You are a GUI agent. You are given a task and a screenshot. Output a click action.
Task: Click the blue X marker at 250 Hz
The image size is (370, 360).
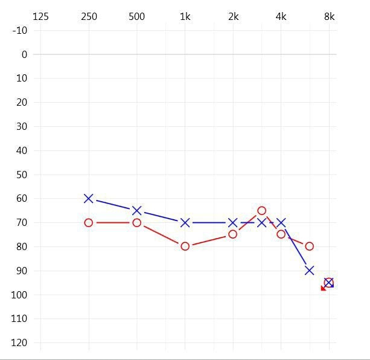click(x=89, y=198)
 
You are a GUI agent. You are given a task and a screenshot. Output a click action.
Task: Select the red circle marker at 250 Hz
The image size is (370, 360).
click(x=89, y=223)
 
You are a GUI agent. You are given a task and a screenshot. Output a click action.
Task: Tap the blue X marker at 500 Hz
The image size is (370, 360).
click(x=137, y=211)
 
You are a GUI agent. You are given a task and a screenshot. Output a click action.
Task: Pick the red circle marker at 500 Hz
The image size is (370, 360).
click(x=137, y=223)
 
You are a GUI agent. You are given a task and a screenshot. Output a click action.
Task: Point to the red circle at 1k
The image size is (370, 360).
click(x=185, y=246)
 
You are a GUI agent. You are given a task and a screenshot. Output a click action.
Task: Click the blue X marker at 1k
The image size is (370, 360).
click(x=185, y=223)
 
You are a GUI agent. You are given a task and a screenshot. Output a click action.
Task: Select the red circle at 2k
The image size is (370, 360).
click(x=233, y=234)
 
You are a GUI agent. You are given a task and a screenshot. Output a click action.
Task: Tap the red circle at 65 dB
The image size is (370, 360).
click(x=261, y=211)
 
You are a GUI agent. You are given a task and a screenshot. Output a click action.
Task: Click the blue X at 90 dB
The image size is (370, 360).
click(x=309, y=271)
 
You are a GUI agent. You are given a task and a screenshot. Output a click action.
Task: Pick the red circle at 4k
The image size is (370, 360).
click(x=281, y=234)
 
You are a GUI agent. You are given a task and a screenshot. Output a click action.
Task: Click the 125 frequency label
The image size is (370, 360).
click(x=40, y=16)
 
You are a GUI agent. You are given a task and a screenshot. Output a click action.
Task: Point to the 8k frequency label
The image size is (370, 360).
click(x=329, y=16)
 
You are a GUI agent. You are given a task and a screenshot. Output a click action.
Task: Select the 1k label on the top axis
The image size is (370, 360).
click(x=185, y=16)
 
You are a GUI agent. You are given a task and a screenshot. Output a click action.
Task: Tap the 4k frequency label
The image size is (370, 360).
click(x=281, y=16)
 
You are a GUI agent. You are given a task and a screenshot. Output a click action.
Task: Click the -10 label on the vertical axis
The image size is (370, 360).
click(x=20, y=30)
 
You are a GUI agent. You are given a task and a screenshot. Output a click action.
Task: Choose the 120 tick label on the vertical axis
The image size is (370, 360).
click(x=20, y=343)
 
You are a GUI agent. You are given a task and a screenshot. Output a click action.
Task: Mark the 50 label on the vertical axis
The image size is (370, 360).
click(x=22, y=175)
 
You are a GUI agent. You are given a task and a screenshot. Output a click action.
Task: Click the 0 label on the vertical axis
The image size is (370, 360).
click(x=24, y=54)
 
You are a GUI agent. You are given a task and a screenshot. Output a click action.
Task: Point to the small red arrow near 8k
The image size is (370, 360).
click(x=324, y=288)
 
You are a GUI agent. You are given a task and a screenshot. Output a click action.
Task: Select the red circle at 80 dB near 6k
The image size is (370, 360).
click(x=309, y=246)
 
